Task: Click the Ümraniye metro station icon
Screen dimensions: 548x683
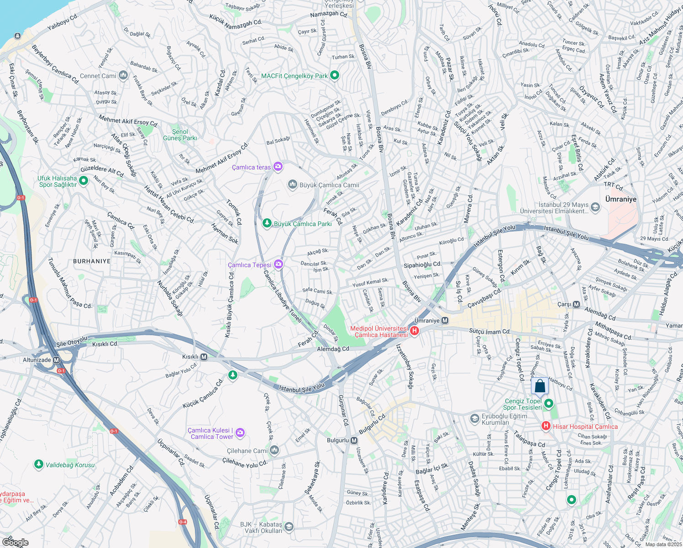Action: (x=445, y=321)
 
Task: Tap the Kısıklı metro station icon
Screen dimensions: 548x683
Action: (x=204, y=357)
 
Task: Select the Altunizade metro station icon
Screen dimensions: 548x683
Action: (x=57, y=360)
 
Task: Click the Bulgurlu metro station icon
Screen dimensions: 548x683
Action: (x=354, y=440)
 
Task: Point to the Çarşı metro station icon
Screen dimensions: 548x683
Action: (x=576, y=304)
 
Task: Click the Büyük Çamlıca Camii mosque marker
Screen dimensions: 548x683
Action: (x=293, y=184)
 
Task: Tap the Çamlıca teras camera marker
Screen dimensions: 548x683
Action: (x=278, y=167)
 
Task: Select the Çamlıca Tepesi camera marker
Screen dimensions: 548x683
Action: (x=278, y=264)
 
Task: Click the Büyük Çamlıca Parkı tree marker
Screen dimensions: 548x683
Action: (x=267, y=223)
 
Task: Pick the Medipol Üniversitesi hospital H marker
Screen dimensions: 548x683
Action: (x=415, y=331)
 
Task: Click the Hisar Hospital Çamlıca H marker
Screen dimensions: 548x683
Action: (x=546, y=426)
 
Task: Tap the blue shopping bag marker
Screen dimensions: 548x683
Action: (x=540, y=386)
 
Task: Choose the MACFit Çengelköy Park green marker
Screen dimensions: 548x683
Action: (x=335, y=75)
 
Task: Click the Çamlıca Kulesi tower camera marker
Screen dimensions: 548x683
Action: (x=240, y=432)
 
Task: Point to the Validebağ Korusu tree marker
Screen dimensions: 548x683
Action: (x=39, y=464)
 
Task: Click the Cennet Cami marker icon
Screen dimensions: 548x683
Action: (x=123, y=75)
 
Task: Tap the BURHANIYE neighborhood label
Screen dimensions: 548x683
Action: (x=92, y=261)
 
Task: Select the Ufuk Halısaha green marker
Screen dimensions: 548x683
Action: (x=84, y=181)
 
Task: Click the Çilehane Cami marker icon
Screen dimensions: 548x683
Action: (x=274, y=450)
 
